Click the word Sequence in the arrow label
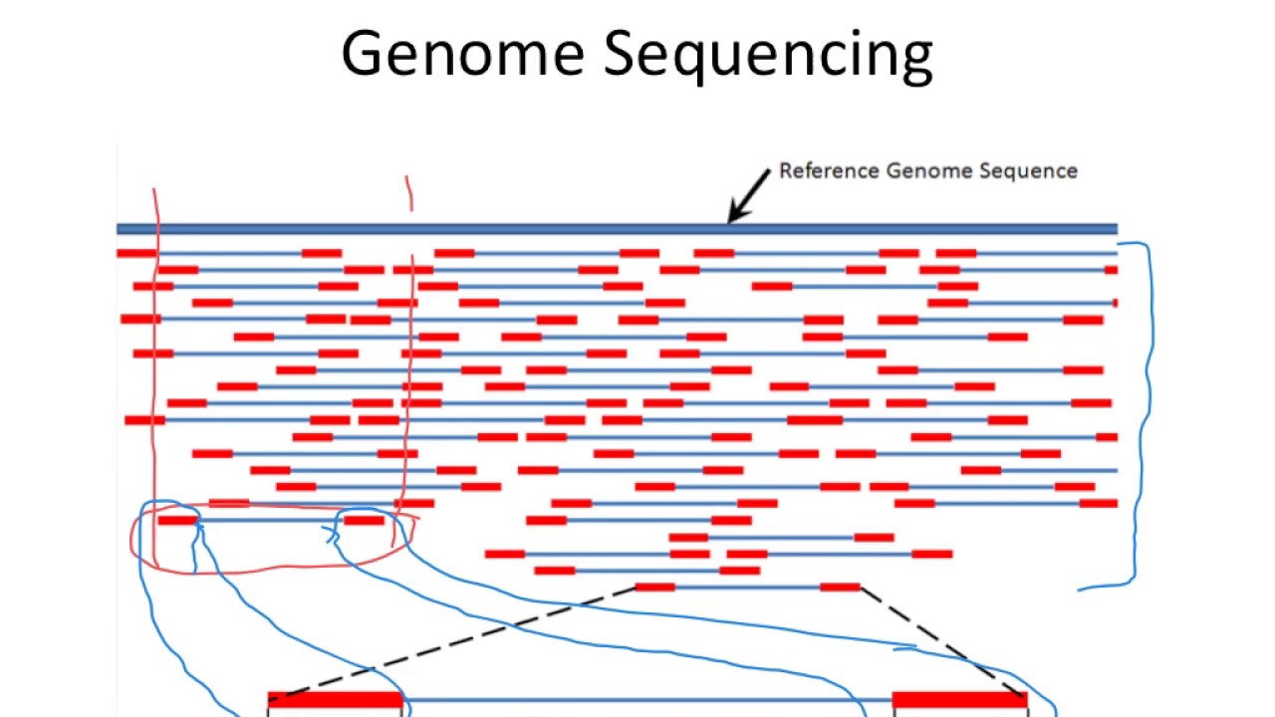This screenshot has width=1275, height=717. (x=1031, y=171)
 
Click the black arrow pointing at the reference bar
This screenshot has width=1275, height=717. (x=748, y=195)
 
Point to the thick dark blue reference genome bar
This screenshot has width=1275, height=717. (x=618, y=229)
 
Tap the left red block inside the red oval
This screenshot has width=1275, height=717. (x=177, y=520)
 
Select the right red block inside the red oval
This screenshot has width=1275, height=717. (x=364, y=520)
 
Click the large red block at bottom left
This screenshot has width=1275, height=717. (x=335, y=700)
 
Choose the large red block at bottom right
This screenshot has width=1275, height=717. (x=959, y=700)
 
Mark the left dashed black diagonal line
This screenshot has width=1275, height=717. (x=458, y=642)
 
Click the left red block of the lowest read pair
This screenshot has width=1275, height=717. (x=654, y=588)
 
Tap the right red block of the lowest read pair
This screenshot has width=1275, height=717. (x=840, y=588)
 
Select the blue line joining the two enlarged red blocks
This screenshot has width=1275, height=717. (x=647, y=700)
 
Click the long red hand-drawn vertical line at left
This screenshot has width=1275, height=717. (x=155, y=398)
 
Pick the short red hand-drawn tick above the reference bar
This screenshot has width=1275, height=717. (x=408, y=193)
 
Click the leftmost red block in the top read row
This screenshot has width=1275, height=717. (x=136, y=253)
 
